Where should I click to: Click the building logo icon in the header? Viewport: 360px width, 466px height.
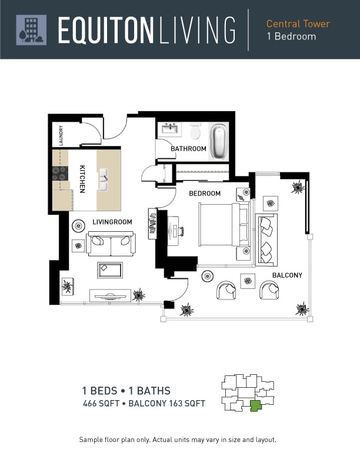31,30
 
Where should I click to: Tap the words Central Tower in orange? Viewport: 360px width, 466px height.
298,24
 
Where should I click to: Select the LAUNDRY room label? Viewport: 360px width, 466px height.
61,135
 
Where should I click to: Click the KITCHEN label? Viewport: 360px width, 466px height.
82,179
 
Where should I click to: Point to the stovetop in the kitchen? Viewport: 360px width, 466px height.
60,174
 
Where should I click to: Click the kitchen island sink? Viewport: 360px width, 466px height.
103,179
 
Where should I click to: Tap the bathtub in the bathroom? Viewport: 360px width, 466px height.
218,141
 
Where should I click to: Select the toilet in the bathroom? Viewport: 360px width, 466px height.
195,131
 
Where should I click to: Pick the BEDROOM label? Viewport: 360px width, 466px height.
205,194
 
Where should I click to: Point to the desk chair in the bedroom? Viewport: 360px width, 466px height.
181,231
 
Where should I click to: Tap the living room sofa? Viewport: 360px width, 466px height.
111,244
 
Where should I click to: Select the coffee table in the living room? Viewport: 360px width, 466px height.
110,270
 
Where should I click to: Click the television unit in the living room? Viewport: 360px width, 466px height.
110,295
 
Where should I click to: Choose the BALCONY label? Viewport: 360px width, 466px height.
287,275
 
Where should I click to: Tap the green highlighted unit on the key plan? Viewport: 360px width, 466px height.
255,405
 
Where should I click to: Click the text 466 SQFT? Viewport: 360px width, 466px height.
101,403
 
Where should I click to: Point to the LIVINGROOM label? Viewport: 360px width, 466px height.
112,222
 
